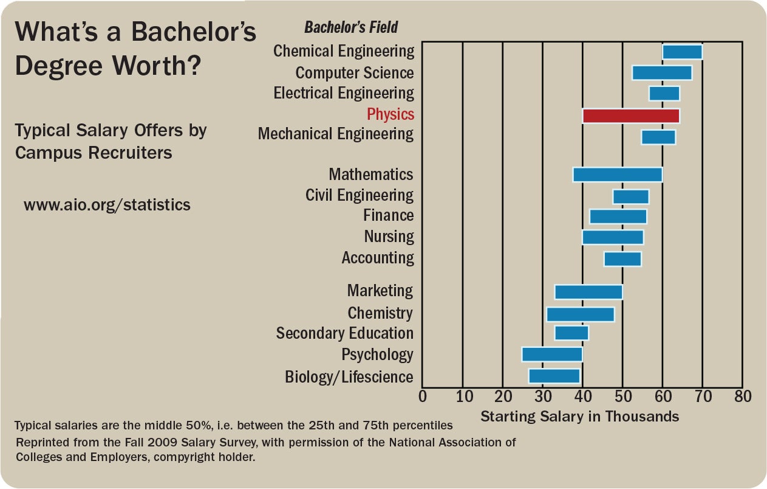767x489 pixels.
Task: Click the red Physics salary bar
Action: pyautogui.click(x=630, y=116)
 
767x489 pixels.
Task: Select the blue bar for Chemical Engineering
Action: pyautogui.click(x=682, y=52)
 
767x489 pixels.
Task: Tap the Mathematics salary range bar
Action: pyautogui.click(x=617, y=175)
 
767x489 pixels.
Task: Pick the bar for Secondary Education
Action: pyautogui.click(x=571, y=333)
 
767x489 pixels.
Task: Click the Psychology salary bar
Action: pyautogui.click(x=551, y=355)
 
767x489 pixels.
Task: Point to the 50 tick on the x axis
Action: pyautogui.click(x=622, y=397)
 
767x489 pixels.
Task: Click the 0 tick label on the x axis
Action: pyautogui.click(x=423, y=397)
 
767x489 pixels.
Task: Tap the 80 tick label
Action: pyautogui.click(x=742, y=397)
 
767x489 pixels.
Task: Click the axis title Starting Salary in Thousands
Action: pyautogui.click(x=579, y=417)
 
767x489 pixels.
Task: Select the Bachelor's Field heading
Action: pyautogui.click(x=351, y=27)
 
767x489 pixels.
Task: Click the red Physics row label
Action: pyautogui.click(x=390, y=114)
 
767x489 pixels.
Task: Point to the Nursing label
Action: pyautogui.click(x=389, y=237)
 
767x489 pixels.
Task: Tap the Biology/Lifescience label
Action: pyautogui.click(x=349, y=377)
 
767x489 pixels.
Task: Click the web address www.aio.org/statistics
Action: pyautogui.click(x=107, y=205)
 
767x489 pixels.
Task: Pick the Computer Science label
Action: pyautogui.click(x=354, y=73)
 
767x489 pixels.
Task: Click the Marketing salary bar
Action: pyautogui.click(x=588, y=292)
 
